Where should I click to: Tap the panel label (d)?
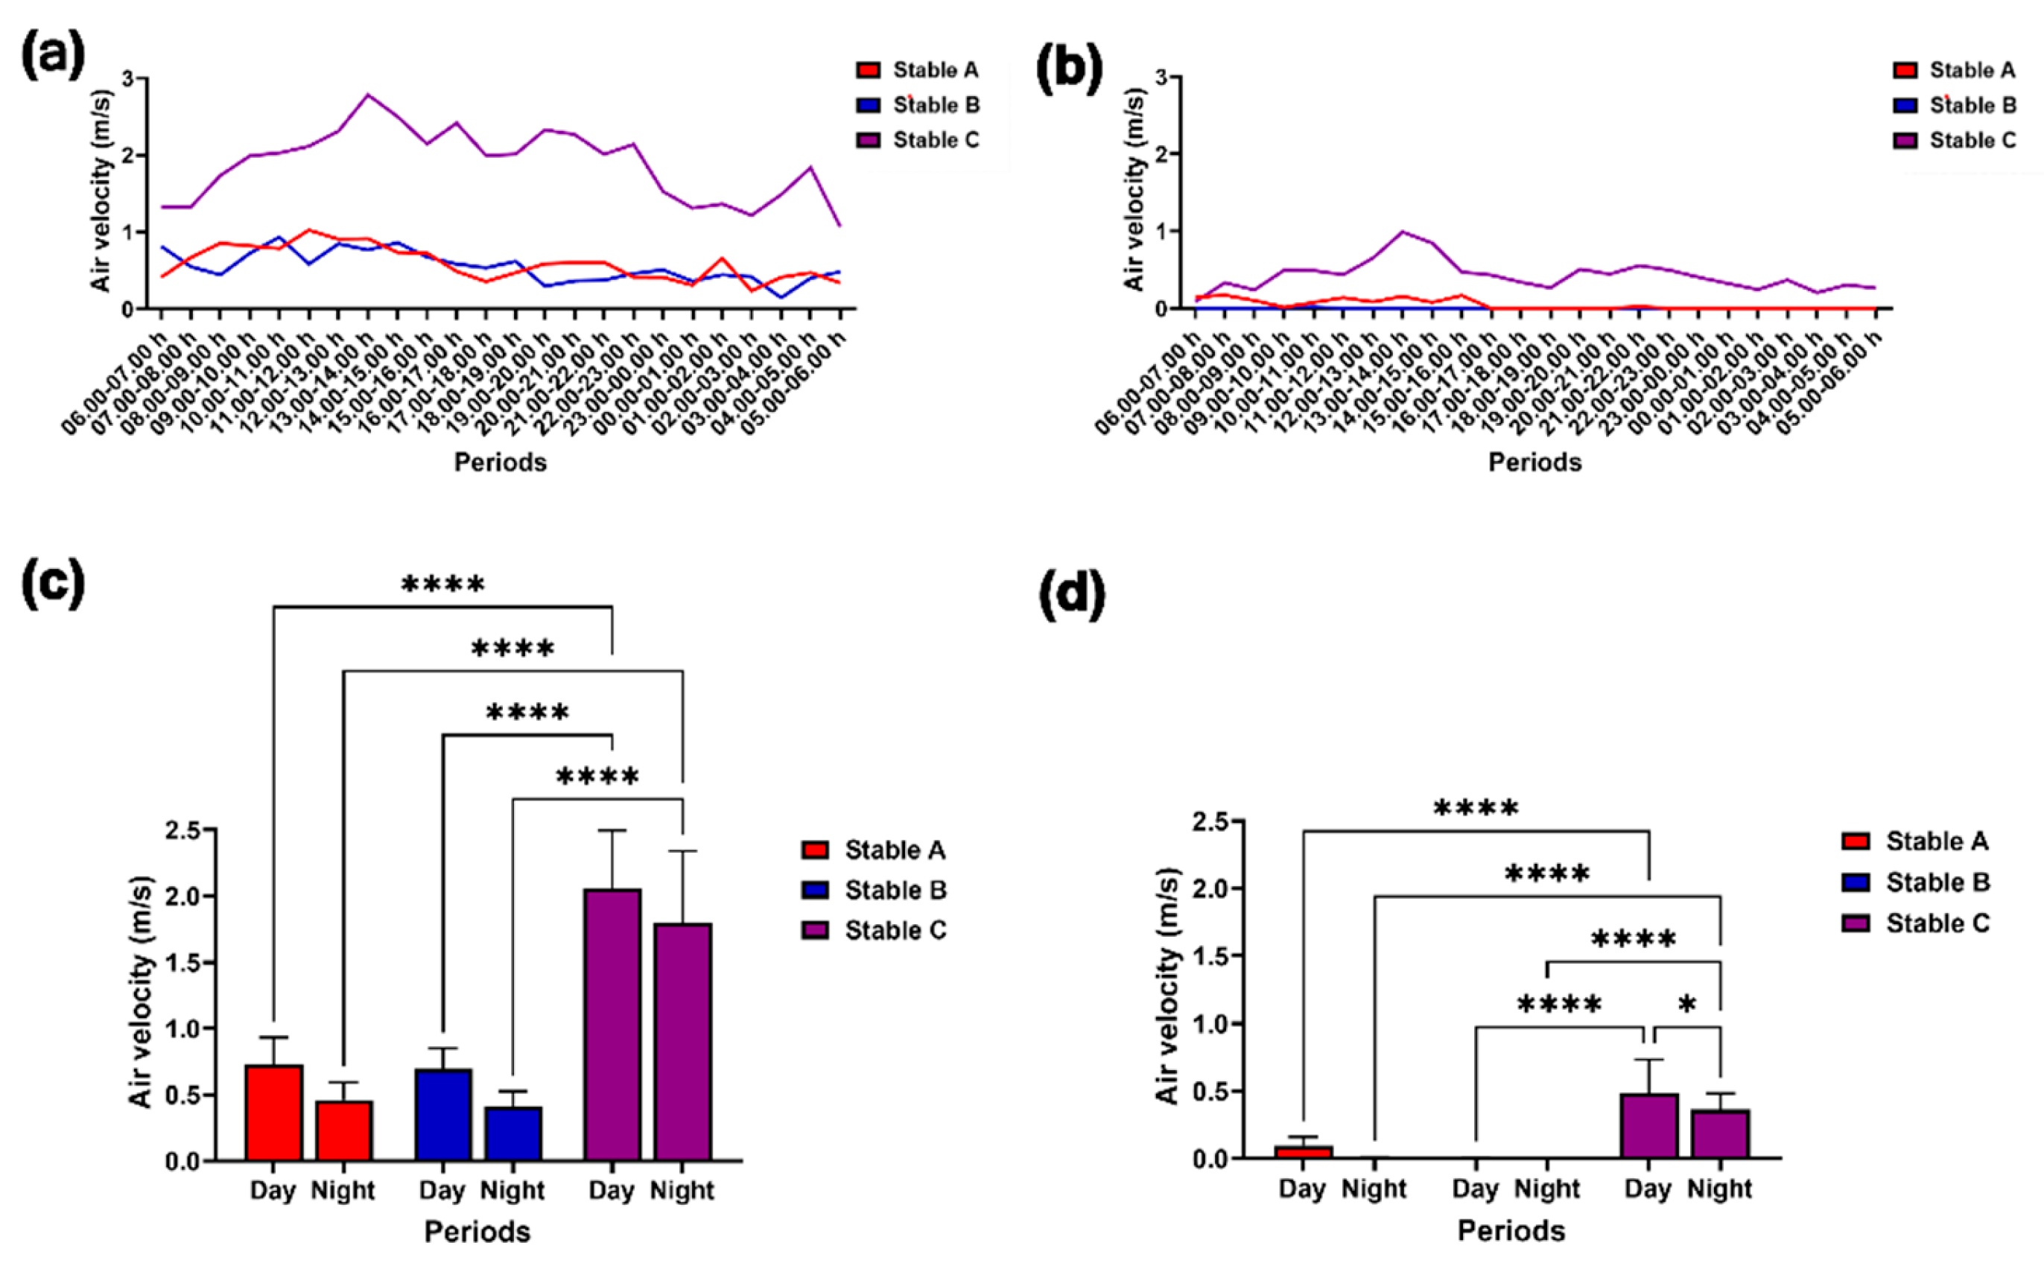point(1072,592)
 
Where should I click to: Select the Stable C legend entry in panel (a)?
point(918,140)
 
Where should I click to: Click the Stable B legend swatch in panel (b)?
point(1906,106)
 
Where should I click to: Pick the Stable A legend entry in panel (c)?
point(873,850)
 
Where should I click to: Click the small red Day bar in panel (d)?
point(1303,1152)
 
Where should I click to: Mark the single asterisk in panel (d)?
point(1687,1005)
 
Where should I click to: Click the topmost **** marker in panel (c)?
point(443,585)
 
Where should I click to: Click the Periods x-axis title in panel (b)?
point(1534,462)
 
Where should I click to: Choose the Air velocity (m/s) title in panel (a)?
point(101,190)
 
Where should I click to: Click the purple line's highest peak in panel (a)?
point(369,95)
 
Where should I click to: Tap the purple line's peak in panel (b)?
point(1402,232)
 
